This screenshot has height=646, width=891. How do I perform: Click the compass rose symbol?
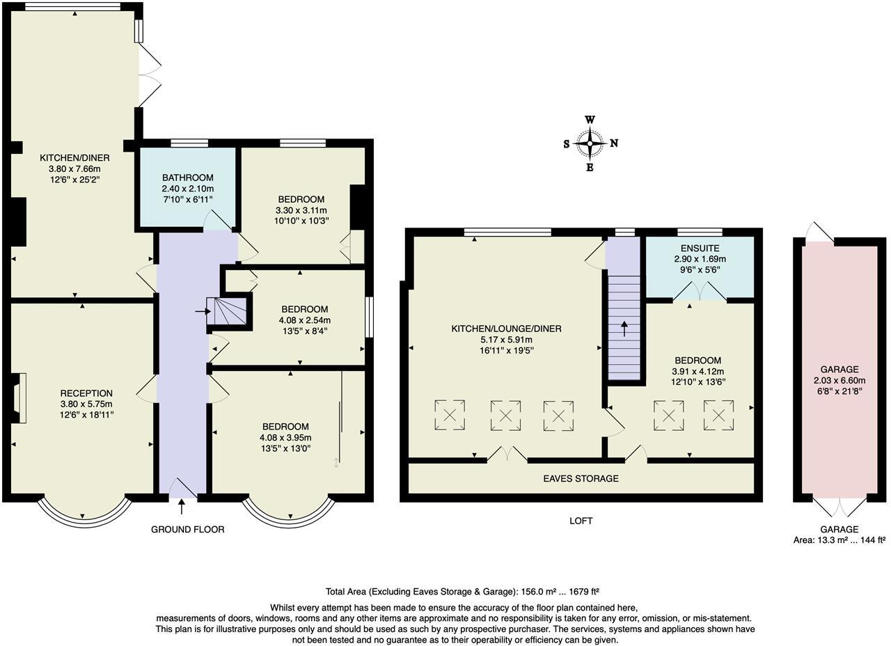pyautogui.click(x=590, y=143)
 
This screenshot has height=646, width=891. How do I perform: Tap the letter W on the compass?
pyautogui.click(x=590, y=120)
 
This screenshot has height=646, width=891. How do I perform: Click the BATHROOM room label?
pyautogui.click(x=188, y=178)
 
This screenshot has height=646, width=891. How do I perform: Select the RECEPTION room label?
pyautogui.click(x=86, y=393)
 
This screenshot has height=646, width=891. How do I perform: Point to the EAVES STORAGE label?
pyautogui.click(x=581, y=478)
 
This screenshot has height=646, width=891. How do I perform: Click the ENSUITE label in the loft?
pyautogui.click(x=700, y=249)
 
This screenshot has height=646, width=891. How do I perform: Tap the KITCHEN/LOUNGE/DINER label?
pyautogui.click(x=506, y=329)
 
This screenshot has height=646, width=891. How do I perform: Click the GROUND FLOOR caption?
pyautogui.click(x=188, y=530)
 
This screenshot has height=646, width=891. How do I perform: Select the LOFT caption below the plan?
pyautogui.click(x=581, y=521)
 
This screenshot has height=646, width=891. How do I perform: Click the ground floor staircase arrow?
pyautogui.click(x=203, y=311)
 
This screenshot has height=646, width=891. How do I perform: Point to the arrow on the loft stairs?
pyautogui.click(x=624, y=329)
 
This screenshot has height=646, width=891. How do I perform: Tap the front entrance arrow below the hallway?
pyautogui.click(x=182, y=507)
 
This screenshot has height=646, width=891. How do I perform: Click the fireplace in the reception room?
pyautogui.click(x=19, y=398)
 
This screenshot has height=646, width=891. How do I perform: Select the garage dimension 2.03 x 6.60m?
pyautogui.click(x=839, y=380)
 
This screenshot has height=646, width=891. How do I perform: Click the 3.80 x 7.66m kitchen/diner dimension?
pyautogui.click(x=74, y=168)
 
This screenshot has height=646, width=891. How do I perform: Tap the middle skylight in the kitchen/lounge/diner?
pyautogui.click(x=505, y=416)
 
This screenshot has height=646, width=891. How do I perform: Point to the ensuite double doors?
pyautogui.click(x=700, y=291)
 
